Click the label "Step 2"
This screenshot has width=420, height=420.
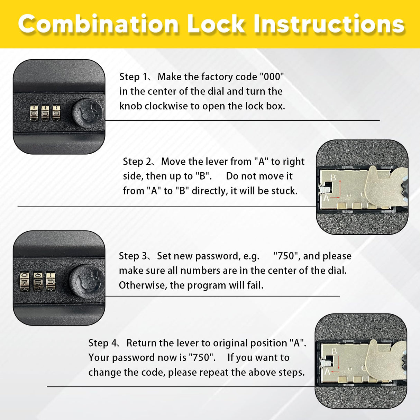[x=138, y=162]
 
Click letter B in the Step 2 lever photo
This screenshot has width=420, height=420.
[x=333, y=178]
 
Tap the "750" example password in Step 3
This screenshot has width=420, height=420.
[x=286, y=256]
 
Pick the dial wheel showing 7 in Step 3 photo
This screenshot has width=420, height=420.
[x=25, y=281]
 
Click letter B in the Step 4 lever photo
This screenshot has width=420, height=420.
[x=334, y=351]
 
